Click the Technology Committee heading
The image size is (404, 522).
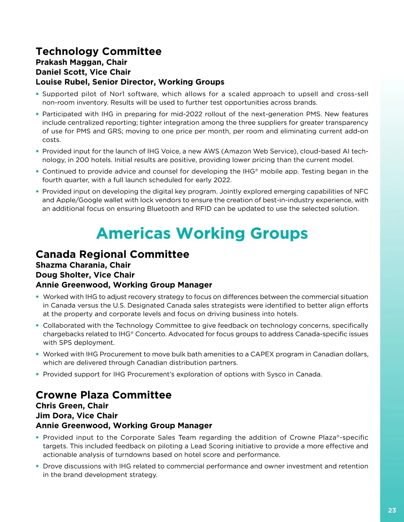click(99, 51)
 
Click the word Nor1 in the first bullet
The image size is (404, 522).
click(117, 94)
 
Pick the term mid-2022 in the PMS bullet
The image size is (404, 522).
click(187, 114)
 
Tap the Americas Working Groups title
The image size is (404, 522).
click(202, 233)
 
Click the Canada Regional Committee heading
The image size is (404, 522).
click(112, 254)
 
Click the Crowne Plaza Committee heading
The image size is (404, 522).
click(104, 395)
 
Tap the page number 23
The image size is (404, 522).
click(392, 510)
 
